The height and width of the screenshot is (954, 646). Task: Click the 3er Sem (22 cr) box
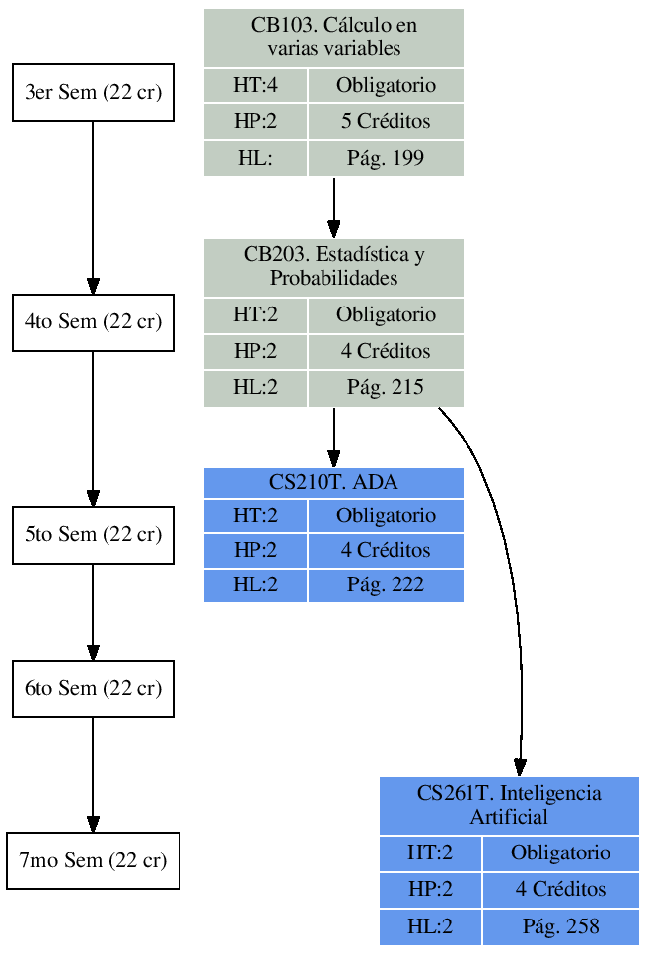93,93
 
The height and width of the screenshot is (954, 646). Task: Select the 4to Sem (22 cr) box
93,322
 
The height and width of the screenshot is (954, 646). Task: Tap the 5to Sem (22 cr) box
93,534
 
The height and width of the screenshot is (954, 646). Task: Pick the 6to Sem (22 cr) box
93,688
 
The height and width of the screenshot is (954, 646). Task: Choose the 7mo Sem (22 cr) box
93,860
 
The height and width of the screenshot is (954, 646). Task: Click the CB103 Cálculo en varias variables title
333,37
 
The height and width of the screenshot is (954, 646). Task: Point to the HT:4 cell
255,85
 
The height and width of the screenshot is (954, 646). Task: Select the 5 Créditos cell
386,122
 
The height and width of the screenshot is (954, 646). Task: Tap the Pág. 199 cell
386,158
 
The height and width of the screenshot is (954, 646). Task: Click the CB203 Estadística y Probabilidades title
333,266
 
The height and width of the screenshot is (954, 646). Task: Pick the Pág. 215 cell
386,387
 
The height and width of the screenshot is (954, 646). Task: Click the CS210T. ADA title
333,482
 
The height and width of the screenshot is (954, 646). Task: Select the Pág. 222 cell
386,584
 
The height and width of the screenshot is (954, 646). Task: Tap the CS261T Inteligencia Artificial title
509,805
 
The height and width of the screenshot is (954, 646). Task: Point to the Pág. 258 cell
561,926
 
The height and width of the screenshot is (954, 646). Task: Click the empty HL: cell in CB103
255,158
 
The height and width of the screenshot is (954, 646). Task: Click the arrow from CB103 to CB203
333,207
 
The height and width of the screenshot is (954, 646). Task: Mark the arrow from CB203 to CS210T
333,437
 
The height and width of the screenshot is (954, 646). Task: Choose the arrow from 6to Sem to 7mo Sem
93,775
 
